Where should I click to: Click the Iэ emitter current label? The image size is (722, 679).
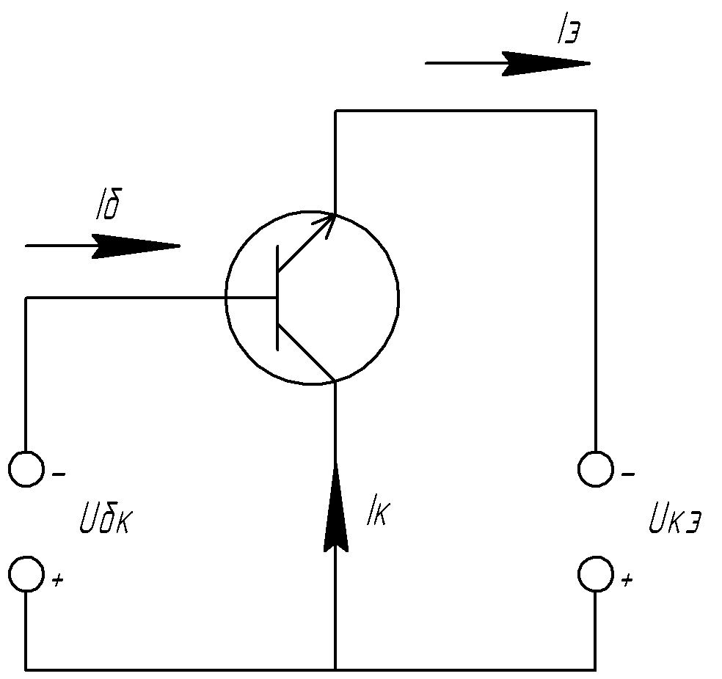pyautogui.click(x=568, y=32)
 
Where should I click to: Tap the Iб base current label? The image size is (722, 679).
pyautogui.click(x=109, y=204)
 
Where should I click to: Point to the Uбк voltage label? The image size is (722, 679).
pyautogui.click(x=106, y=518)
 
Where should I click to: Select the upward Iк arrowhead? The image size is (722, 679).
pyautogui.click(x=335, y=506)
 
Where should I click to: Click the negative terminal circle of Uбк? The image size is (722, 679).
pyautogui.click(x=26, y=469)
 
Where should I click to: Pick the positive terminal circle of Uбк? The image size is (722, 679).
pyautogui.click(x=26, y=573)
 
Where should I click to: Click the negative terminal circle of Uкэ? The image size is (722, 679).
pyautogui.click(x=596, y=469)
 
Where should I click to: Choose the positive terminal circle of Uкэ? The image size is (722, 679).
pyautogui.click(x=596, y=573)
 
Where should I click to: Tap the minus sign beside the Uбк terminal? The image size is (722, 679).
pyautogui.click(x=59, y=474)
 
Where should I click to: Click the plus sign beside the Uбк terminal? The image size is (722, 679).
pyautogui.click(x=57, y=580)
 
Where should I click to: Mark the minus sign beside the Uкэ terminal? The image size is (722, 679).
pyautogui.click(x=628, y=474)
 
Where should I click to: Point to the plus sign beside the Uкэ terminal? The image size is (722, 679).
pyautogui.click(x=627, y=580)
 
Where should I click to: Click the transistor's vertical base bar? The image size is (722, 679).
pyautogui.click(x=277, y=298)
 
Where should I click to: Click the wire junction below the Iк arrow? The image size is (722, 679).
pyautogui.click(x=335, y=669)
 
